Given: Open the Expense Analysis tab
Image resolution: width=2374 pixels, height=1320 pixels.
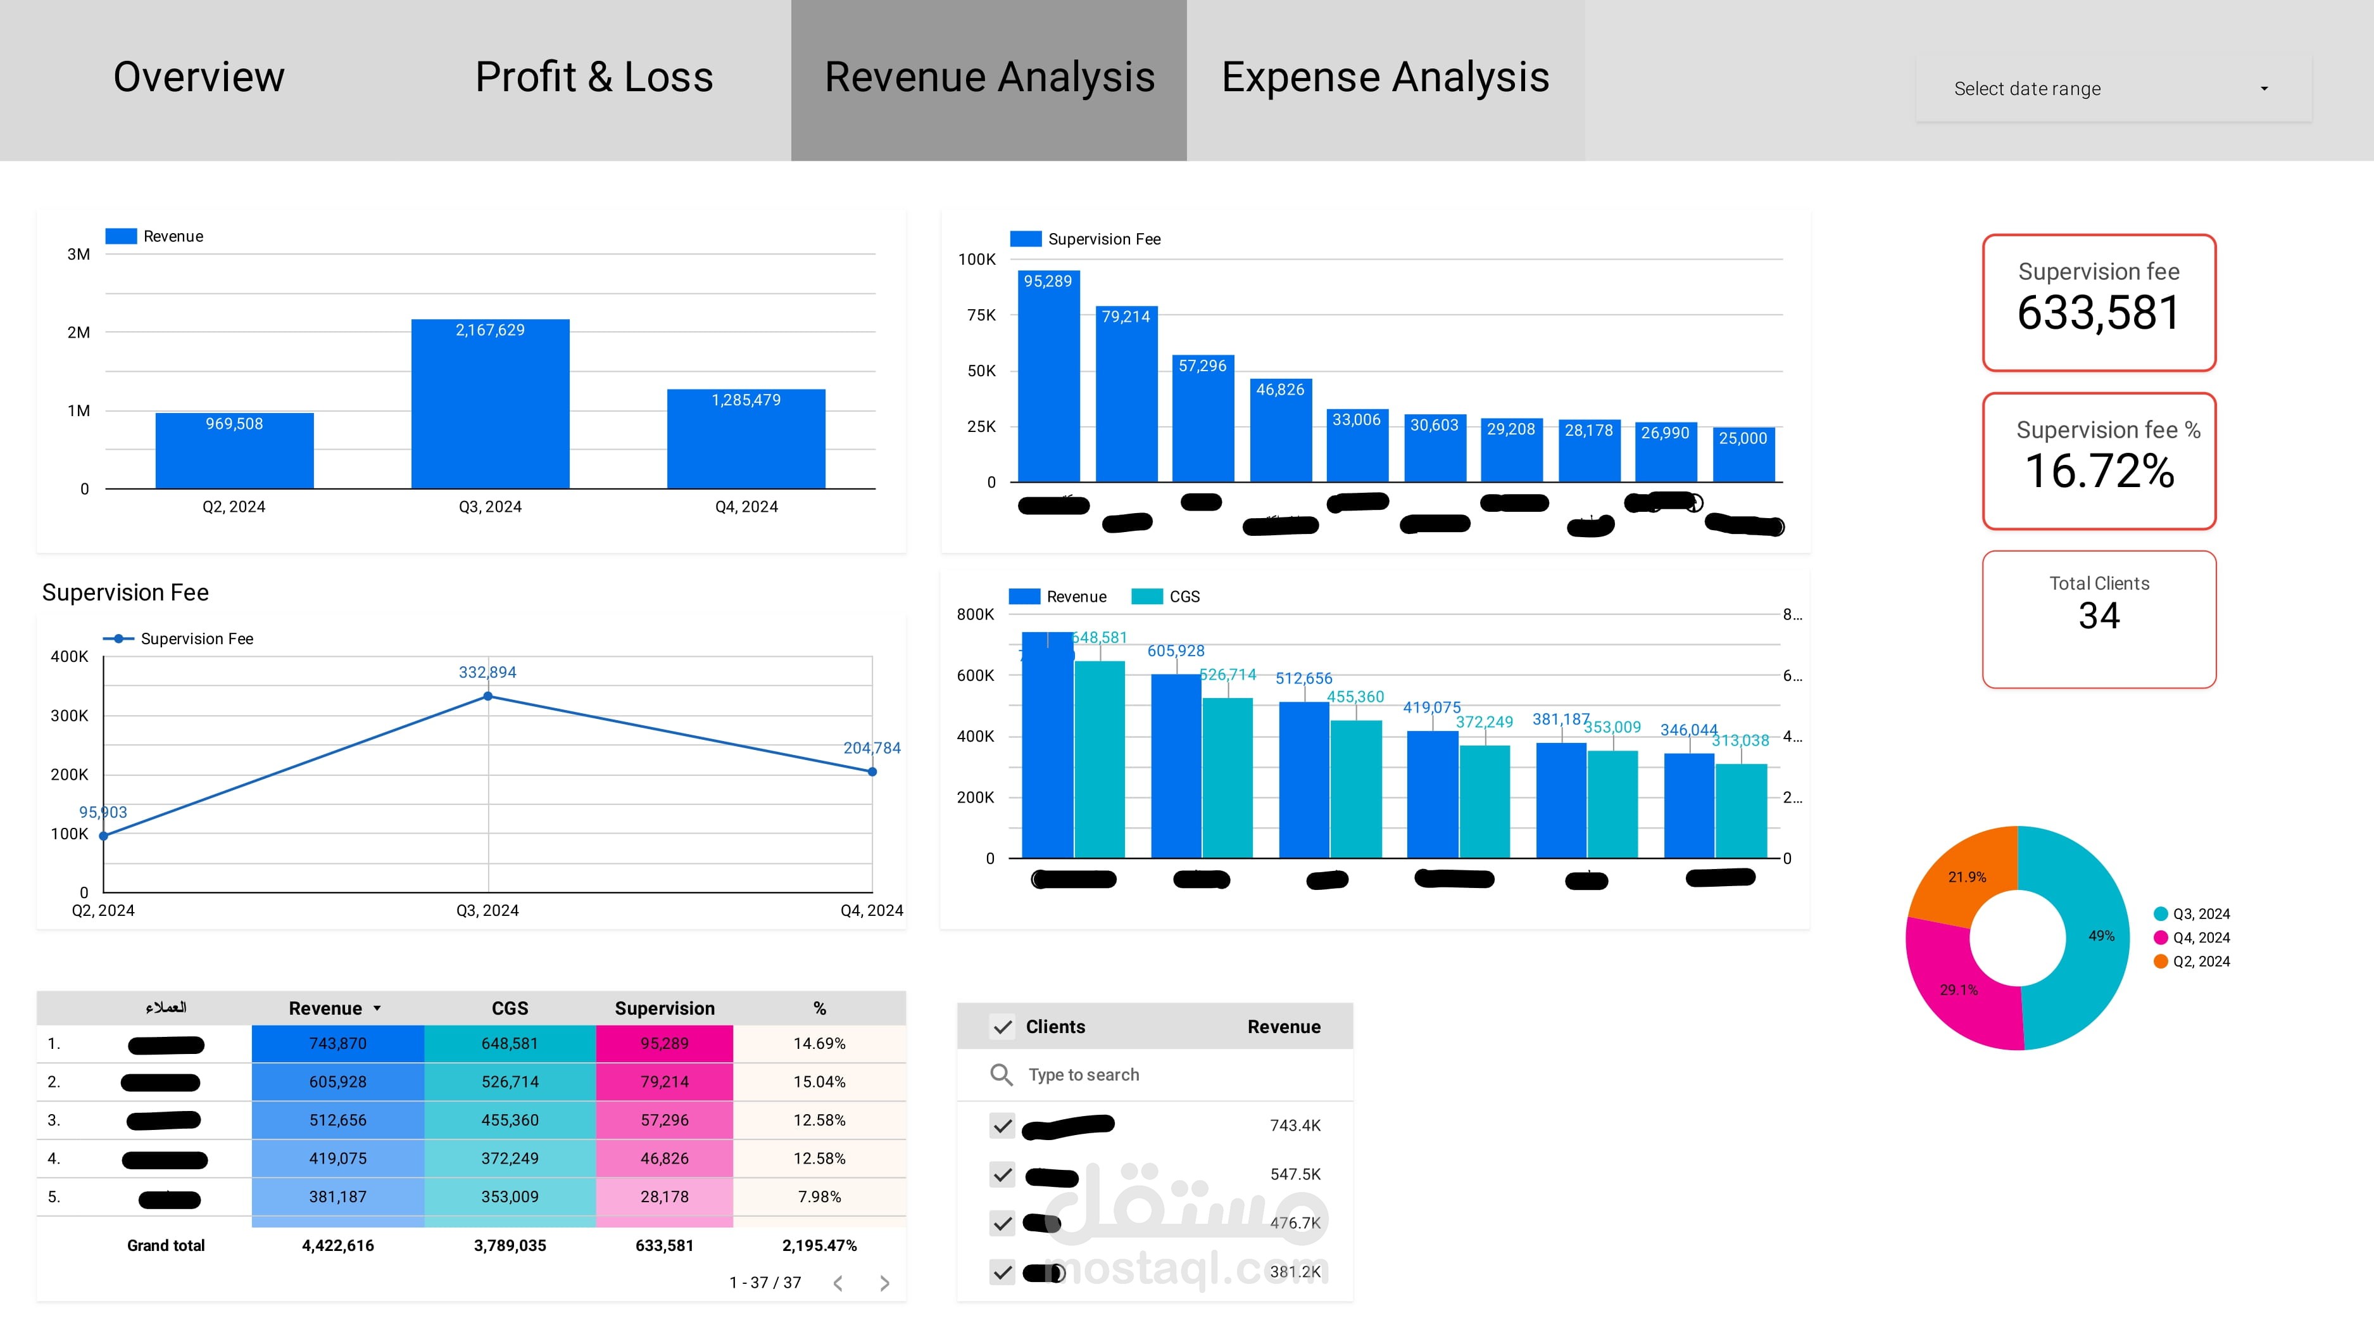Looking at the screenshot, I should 1385,77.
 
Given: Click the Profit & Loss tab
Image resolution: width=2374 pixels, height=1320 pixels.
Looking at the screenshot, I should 594,77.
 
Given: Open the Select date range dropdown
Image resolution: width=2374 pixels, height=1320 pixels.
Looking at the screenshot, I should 2113,89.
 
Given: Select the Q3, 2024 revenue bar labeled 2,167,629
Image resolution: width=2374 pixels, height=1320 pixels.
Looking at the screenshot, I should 489,405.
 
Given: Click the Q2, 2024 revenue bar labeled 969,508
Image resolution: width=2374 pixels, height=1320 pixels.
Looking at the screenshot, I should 234,452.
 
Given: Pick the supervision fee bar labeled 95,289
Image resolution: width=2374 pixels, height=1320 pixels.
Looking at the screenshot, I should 1048,378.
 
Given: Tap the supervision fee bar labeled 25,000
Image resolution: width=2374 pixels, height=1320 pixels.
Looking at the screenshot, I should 1743,456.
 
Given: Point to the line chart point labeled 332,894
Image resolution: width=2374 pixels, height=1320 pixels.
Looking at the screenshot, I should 487,697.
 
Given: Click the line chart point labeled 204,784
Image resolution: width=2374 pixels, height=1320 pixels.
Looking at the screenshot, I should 872,771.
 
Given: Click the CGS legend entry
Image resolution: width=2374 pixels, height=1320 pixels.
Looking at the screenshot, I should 1167,597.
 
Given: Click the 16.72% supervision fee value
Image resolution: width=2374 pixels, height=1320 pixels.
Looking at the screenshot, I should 2099,471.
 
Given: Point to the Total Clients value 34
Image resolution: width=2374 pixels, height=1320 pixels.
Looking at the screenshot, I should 2099,616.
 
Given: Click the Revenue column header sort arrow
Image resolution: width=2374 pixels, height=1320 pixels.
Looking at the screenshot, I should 377,1008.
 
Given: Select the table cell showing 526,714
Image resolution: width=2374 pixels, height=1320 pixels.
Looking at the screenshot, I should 510,1081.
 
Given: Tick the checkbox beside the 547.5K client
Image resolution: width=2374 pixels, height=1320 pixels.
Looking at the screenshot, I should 1002,1174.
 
